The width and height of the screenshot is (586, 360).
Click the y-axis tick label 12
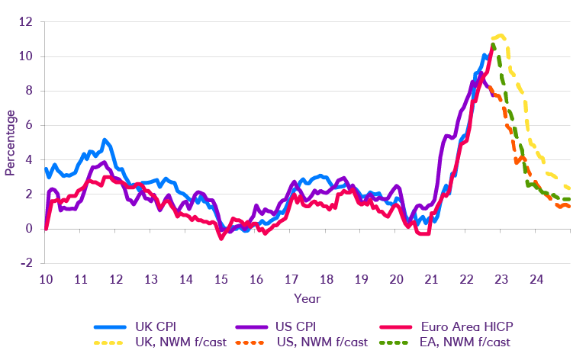(27, 22)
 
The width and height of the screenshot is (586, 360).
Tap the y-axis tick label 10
(27, 56)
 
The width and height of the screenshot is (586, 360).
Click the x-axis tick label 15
(221, 280)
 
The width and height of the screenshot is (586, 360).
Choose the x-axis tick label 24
(536, 280)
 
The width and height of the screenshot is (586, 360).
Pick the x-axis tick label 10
(46, 280)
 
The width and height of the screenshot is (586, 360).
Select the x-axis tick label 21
(431, 280)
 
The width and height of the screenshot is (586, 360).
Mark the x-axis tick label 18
(326, 280)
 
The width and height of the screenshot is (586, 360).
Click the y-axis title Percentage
(11, 143)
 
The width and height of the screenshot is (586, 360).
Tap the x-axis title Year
(307, 297)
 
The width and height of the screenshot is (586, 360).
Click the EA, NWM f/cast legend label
(471, 342)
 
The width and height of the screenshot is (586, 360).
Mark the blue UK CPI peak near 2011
(105, 140)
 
